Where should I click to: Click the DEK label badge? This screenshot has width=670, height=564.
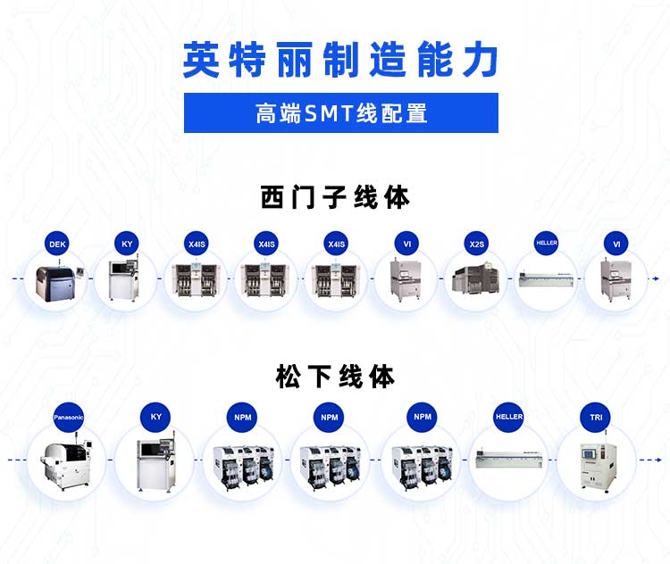(57, 244)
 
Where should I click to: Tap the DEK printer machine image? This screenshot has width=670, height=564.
(57, 281)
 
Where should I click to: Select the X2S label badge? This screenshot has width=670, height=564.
(477, 244)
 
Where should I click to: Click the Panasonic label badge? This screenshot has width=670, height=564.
(68, 417)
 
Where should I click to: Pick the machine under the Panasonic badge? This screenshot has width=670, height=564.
(65, 460)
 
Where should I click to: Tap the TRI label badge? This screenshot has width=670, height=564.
(596, 417)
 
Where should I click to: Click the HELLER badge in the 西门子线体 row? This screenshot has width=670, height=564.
(547, 243)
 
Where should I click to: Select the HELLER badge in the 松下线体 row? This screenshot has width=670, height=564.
(509, 417)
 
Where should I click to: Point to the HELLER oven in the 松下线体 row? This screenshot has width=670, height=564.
(508, 460)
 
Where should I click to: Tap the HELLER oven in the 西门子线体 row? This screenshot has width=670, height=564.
(547, 280)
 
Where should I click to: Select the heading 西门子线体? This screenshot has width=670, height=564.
(335, 196)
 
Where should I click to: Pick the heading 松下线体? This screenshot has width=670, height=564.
(335, 377)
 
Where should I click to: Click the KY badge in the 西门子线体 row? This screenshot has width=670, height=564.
(127, 244)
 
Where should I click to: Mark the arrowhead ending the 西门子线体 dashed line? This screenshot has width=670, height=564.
(657, 279)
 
